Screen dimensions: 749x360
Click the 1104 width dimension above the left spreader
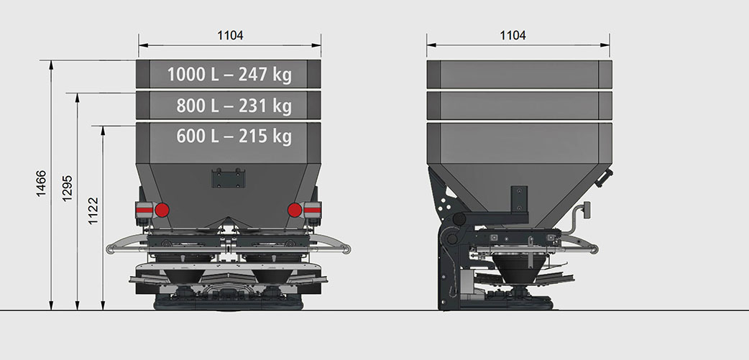(230, 35)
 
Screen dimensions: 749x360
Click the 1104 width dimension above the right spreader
(513, 35)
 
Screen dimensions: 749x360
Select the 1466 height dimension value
(41, 183)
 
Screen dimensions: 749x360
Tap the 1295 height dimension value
(68, 188)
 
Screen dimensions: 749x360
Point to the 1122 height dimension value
(93, 211)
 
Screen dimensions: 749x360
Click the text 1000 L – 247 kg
(229, 75)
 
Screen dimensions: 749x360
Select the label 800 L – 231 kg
(234, 106)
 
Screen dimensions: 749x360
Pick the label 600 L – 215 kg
(234, 137)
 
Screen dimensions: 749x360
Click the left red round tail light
(162, 210)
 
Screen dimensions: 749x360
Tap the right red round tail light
(295, 210)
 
